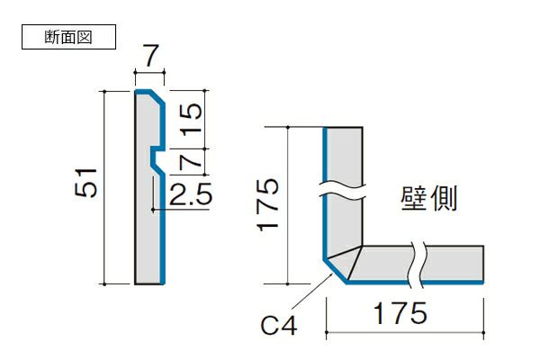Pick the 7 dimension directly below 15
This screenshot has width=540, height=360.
[x=190, y=162]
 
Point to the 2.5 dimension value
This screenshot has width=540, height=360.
[x=190, y=195]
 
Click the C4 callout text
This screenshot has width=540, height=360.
[x=280, y=324]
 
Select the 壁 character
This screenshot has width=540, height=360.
[x=418, y=198]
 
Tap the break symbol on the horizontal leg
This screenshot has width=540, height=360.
[x=415, y=263]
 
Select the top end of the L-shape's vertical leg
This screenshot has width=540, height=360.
[x=344, y=128]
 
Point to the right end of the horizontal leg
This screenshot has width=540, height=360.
[x=484, y=264]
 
